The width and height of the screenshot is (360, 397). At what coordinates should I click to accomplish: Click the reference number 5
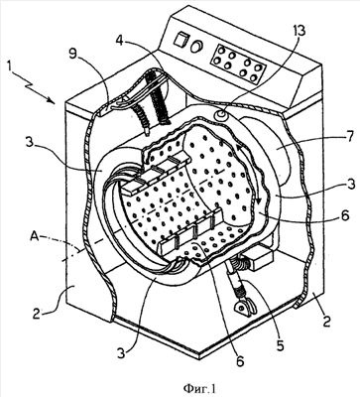(x=281, y=344)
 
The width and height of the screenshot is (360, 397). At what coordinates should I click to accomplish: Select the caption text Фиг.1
(x=199, y=386)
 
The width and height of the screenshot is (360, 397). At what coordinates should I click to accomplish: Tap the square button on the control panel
(x=181, y=41)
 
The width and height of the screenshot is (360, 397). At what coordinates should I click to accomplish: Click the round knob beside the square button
(x=198, y=47)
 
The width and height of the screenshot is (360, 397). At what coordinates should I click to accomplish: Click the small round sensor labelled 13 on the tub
(x=221, y=115)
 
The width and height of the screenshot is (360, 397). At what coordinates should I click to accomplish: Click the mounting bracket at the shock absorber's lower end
(x=245, y=308)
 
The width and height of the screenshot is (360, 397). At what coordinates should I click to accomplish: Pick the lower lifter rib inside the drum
(x=190, y=234)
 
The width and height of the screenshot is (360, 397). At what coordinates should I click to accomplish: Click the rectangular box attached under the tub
(x=261, y=257)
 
